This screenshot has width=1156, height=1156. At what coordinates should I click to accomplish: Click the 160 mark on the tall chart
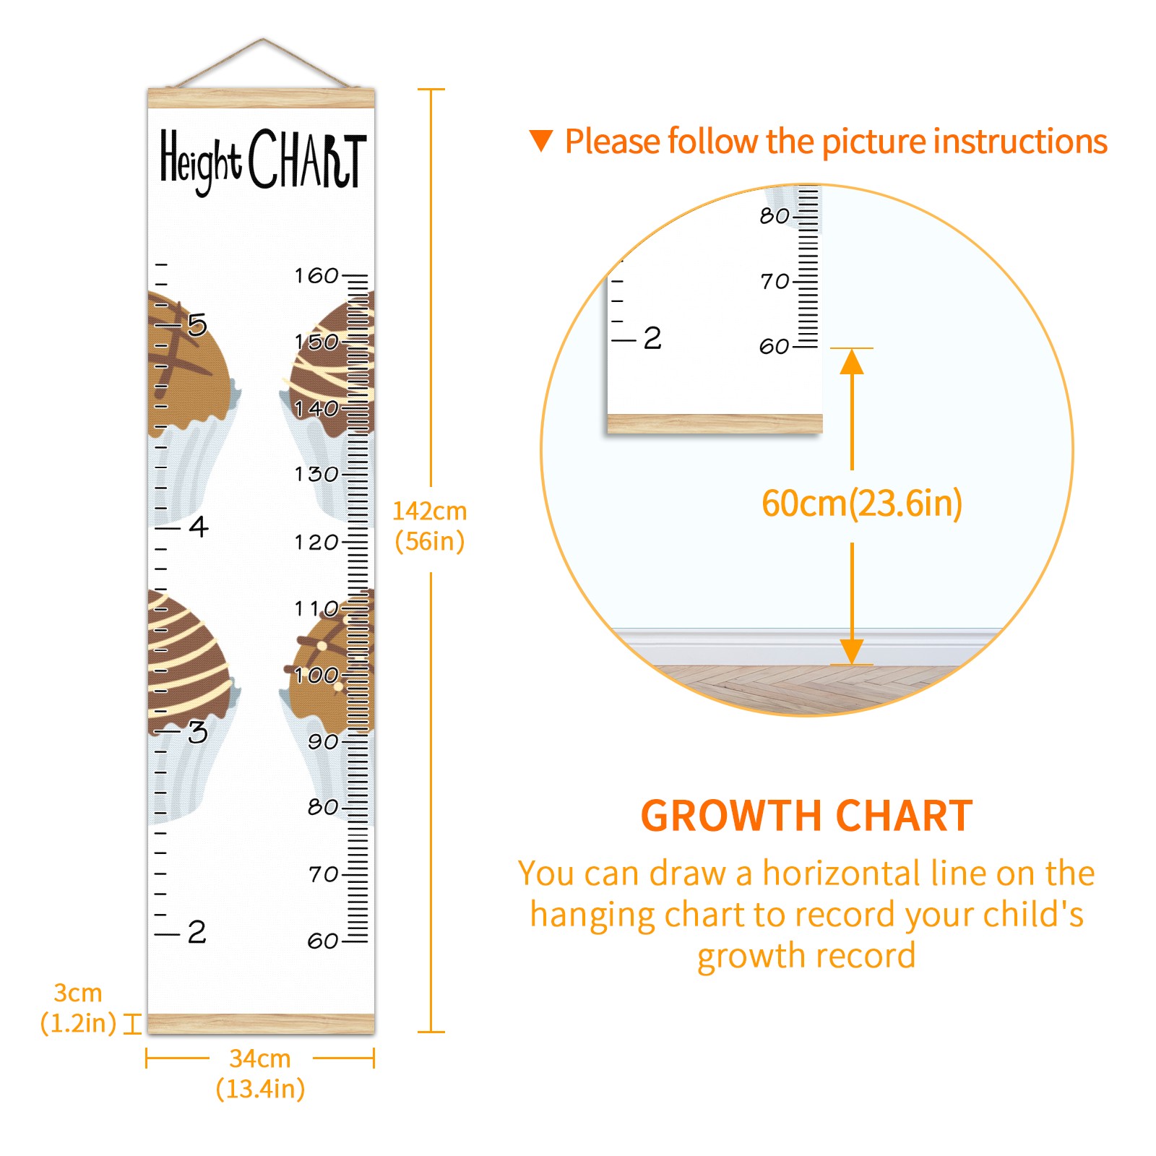tap(316, 275)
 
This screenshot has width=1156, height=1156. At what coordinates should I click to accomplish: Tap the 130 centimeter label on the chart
tap(316, 474)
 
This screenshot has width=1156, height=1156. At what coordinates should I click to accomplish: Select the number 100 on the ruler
tap(316, 675)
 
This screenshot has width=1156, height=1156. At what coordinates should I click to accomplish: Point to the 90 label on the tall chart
tap(323, 741)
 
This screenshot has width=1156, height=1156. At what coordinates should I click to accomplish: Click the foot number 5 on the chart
tap(197, 325)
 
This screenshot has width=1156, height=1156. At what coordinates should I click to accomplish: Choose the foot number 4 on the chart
tap(199, 527)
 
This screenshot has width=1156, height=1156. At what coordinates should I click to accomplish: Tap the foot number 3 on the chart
tap(197, 732)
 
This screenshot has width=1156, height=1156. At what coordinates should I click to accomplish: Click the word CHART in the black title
tap(308, 159)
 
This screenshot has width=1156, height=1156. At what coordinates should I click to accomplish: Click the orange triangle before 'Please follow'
tap(541, 140)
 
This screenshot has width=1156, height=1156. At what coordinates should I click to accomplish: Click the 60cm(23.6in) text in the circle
tap(862, 503)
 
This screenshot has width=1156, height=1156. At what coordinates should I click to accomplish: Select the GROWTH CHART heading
tap(807, 816)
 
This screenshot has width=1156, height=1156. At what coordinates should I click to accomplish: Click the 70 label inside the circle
tap(775, 281)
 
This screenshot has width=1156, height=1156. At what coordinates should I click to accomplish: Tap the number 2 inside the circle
tap(652, 338)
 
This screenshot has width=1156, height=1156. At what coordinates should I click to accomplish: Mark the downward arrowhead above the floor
tap(852, 651)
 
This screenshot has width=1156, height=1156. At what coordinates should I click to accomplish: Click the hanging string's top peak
tap(263, 39)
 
